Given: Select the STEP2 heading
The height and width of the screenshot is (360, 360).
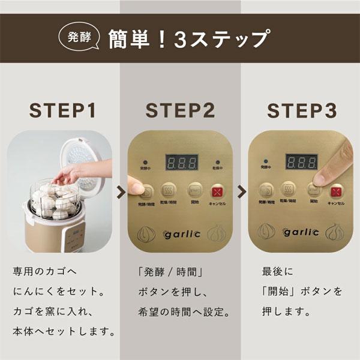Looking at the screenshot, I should pos(180,111).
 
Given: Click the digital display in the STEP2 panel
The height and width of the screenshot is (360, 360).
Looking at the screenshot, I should pos(181,164).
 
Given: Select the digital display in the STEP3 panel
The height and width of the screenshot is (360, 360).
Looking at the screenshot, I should pos(301,164).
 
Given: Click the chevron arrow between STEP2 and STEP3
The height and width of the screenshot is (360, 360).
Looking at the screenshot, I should pos(241,192).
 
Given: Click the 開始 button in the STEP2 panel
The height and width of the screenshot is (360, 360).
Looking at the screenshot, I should pos(193,191).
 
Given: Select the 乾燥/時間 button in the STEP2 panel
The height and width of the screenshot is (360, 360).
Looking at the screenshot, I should pos(170,191).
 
